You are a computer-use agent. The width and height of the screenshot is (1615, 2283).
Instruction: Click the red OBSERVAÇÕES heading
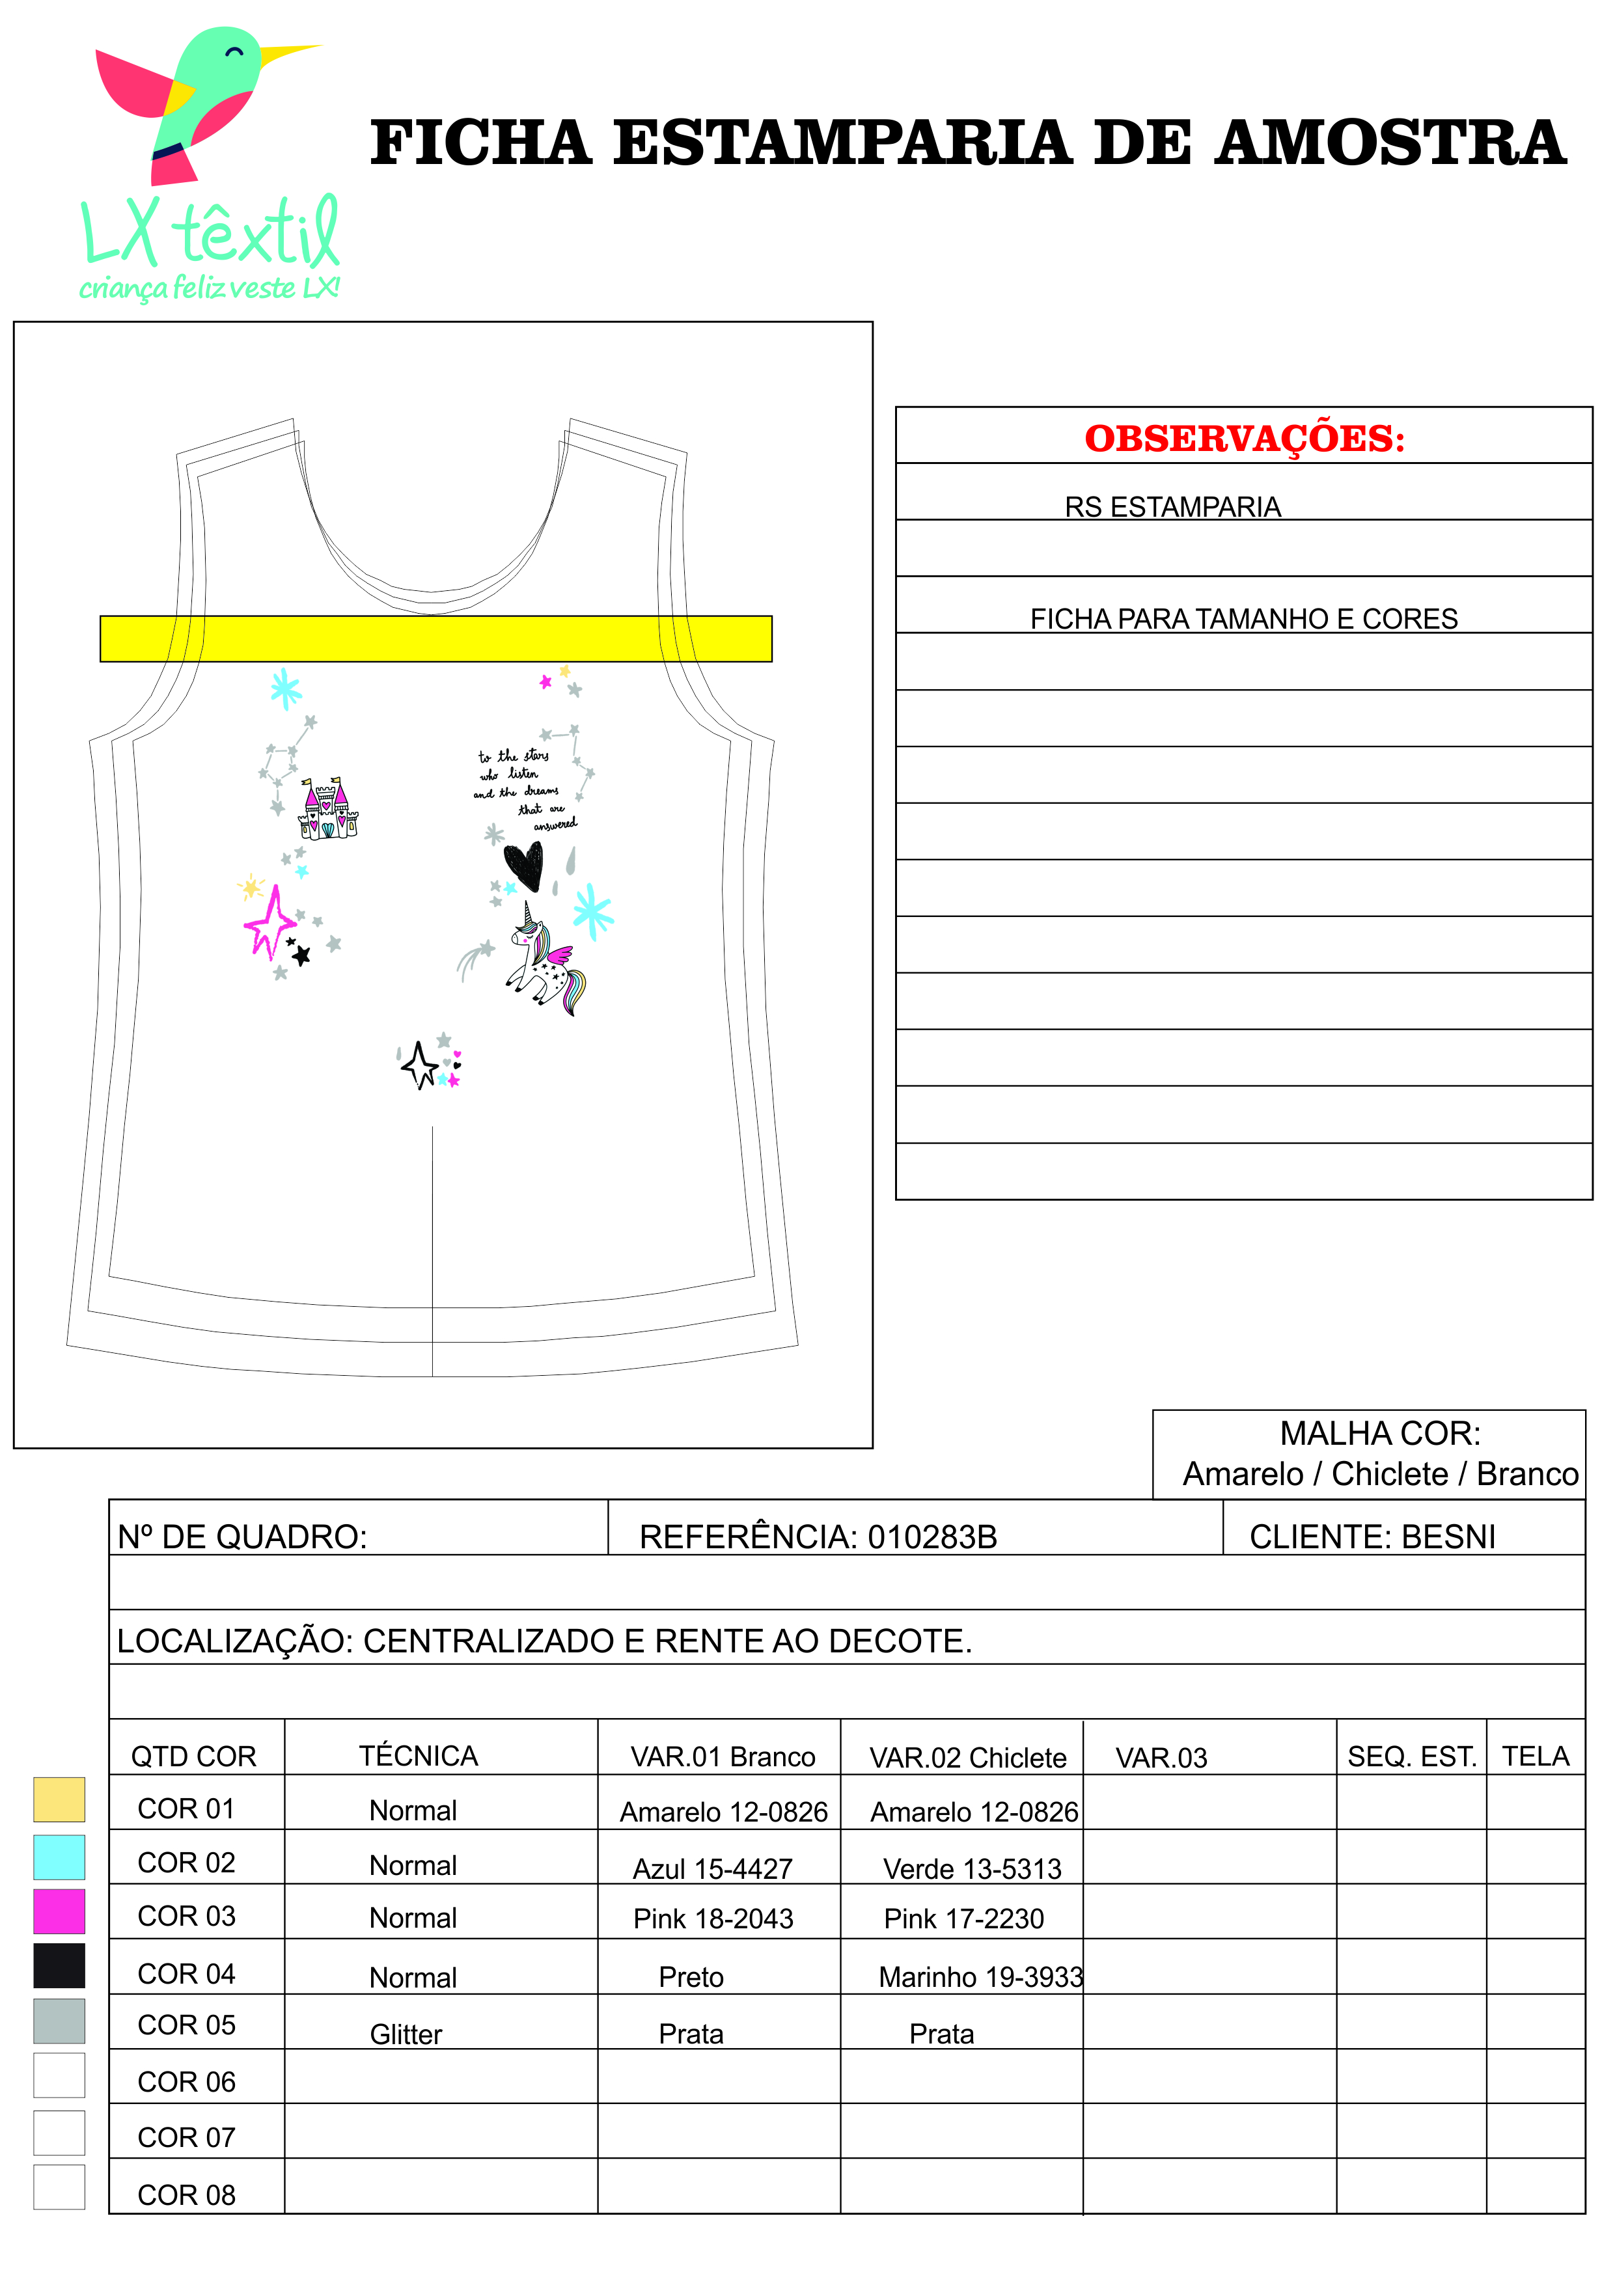[x=1244, y=439]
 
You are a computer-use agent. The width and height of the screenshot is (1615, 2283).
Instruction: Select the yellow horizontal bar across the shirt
[x=435, y=638]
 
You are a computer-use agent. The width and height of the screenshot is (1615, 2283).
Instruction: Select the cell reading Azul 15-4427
[x=713, y=1869]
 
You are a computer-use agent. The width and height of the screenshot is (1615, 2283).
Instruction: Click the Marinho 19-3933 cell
[x=980, y=1976]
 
